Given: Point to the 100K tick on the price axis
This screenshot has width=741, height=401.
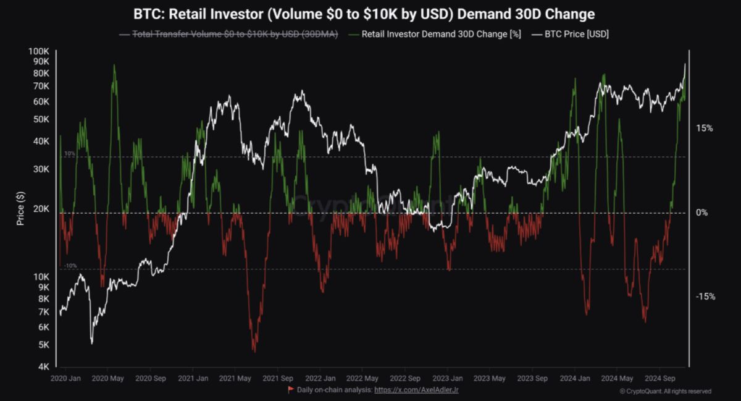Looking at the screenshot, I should point(39,51).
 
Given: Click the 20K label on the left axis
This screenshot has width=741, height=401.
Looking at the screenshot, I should point(41,209).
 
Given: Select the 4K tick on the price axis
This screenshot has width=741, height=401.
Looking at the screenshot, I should point(43,367).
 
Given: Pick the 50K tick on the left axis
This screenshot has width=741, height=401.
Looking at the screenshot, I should point(41,119).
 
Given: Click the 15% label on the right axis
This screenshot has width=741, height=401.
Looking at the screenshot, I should point(704,129).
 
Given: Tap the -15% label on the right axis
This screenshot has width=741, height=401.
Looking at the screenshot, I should point(705,297).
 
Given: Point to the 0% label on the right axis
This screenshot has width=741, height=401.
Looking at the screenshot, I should point(701,213).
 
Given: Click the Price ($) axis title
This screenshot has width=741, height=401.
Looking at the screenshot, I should point(21,208).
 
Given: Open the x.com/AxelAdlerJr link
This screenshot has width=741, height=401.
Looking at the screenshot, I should point(416,390).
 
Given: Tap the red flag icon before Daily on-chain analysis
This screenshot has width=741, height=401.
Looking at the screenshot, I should point(291,389).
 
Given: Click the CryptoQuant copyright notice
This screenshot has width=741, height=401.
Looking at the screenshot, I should point(665,391).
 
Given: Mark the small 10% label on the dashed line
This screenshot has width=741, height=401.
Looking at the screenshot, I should point(69,153).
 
